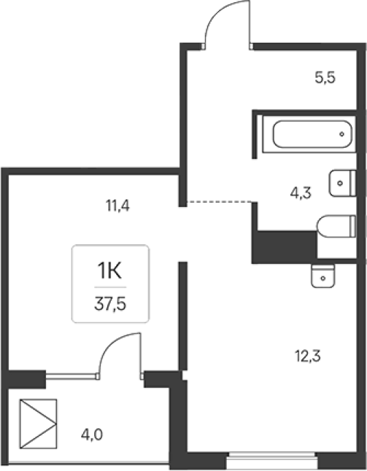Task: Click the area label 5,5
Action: tap(325, 78)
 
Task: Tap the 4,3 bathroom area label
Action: tap(300, 193)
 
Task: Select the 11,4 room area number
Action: tap(118, 206)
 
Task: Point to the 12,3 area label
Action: tap(308, 356)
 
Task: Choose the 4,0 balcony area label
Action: tap(92, 435)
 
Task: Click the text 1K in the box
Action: tap(109, 271)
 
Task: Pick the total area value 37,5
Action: tap(110, 304)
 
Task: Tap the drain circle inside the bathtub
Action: tap(342, 134)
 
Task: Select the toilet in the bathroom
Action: tap(337, 226)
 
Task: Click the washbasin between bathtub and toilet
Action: tap(343, 183)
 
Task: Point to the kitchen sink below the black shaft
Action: tap(323, 276)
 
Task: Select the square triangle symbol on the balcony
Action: tap(38, 424)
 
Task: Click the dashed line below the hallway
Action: tap(219, 202)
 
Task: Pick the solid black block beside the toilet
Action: tap(285, 247)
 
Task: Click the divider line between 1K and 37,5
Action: tap(110, 287)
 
